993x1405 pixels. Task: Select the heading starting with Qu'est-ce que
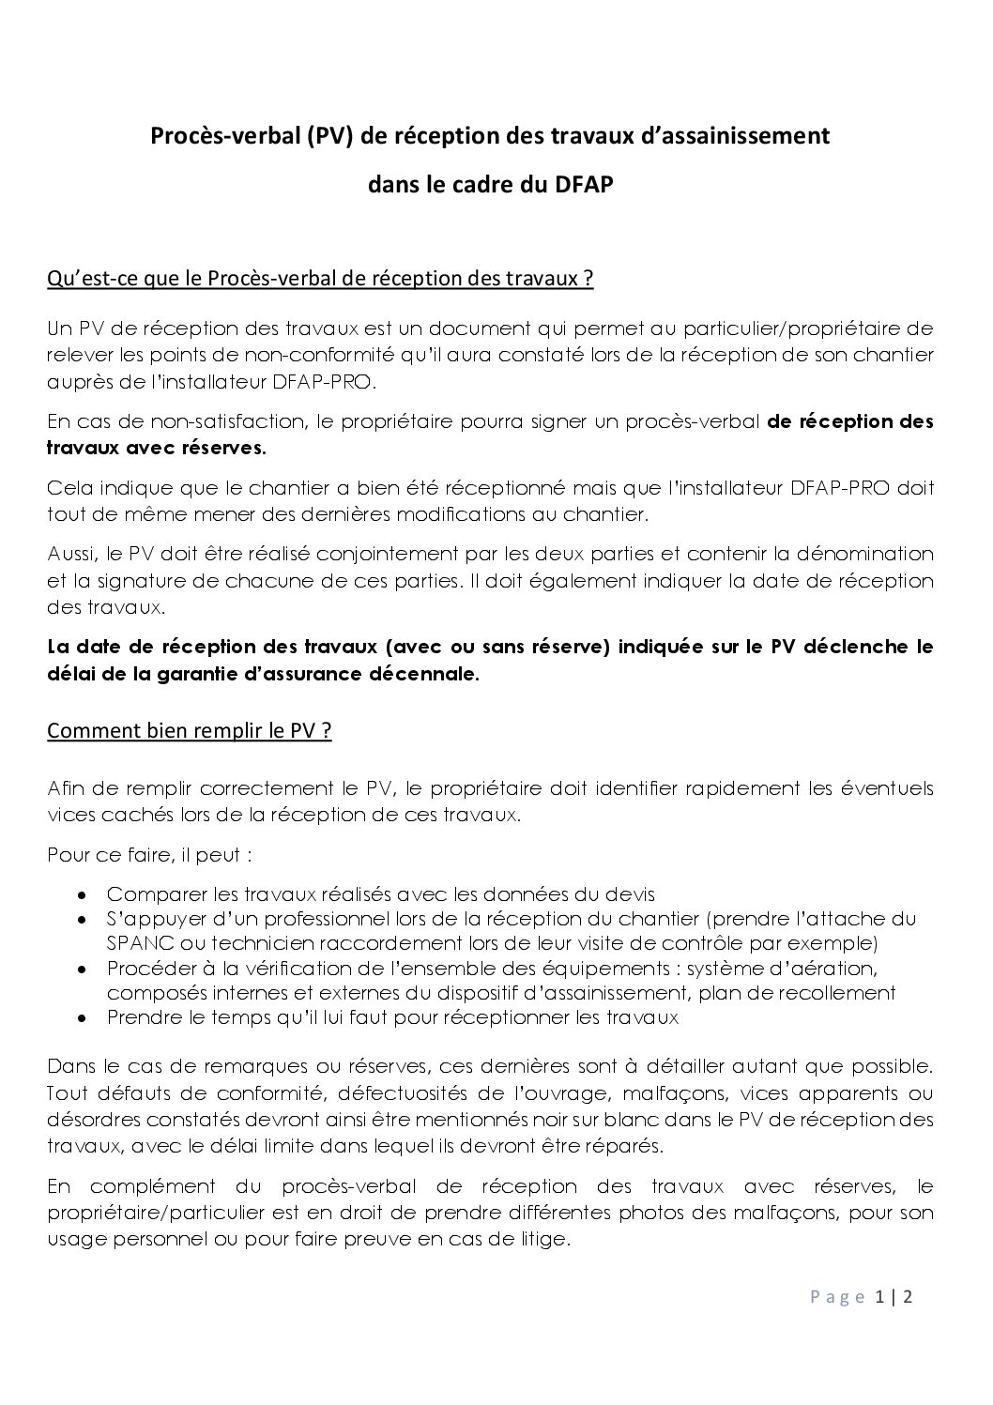pos(320,280)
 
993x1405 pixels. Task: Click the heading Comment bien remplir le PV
pos(190,731)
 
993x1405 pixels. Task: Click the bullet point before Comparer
pos(84,894)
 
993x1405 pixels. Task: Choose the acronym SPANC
pos(133,942)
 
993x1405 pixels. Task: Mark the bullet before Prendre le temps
pos(84,1017)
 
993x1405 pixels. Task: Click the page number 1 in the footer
pos(879,1297)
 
